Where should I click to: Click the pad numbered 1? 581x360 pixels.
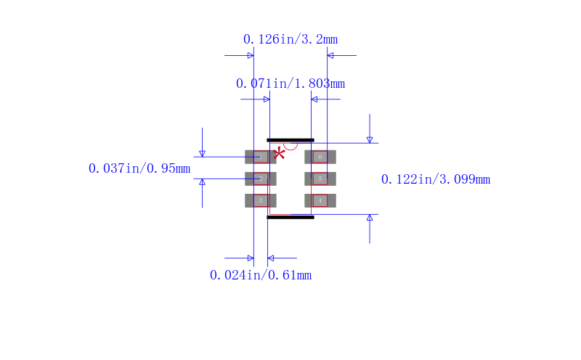pyautogui.click(x=260, y=157)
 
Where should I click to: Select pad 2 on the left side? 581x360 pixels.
pyautogui.click(x=260, y=179)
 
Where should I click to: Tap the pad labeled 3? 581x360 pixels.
pyautogui.click(x=260, y=200)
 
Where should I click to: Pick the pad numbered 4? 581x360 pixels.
pyautogui.click(x=320, y=200)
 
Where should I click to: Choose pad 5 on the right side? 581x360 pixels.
pyautogui.click(x=320, y=179)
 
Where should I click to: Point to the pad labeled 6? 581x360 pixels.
pyautogui.click(x=320, y=157)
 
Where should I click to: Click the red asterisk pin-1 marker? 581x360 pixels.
pyautogui.click(x=279, y=152)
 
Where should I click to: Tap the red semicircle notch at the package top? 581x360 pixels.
pyautogui.click(x=290, y=145)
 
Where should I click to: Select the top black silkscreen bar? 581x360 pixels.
pyautogui.click(x=290, y=140)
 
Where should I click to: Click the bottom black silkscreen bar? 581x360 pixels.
pyautogui.click(x=290, y=217)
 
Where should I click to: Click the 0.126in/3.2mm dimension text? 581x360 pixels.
pyautogui.click(x=290, y=39)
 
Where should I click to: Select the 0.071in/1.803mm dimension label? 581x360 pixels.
pyautogui.click(x=290, y=83)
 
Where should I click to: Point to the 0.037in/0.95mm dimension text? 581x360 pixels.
pyautogui.click(x=139, y=168)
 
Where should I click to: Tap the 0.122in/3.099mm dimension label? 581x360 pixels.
pyautogui.click(x=436, y=179)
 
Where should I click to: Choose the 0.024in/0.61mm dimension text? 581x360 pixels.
pyautogui.click(x=261, y=275)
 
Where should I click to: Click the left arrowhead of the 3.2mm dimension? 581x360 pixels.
pyautogui.click(x=251, y=55)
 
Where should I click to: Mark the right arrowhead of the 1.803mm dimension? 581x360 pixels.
pyautogui.click(x=314, y=99)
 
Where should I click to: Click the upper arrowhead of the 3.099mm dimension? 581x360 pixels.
pyautogui.click(x=370, y=139)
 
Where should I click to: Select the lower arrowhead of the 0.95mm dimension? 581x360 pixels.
pyautogui.click(x=202, y=182)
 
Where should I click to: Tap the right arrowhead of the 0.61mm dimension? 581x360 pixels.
pyautogui.click(x=271, y=258)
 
